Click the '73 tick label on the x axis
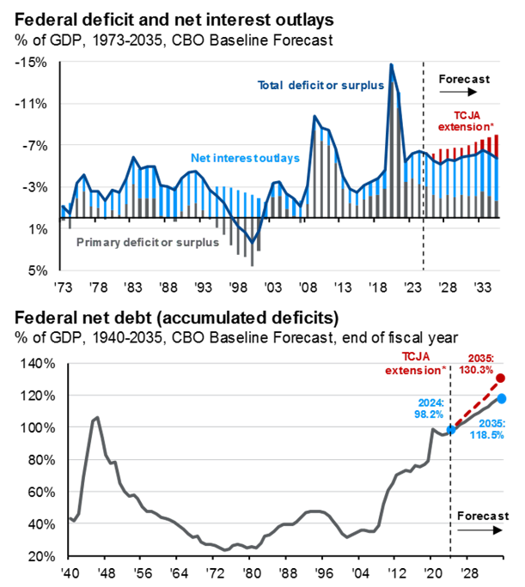(64, 287)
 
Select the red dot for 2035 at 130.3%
(501, 378)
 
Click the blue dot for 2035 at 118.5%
(501, 398)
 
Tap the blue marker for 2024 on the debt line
(450, 429)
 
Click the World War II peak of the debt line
(97, 418)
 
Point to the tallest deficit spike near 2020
(391, 65)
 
